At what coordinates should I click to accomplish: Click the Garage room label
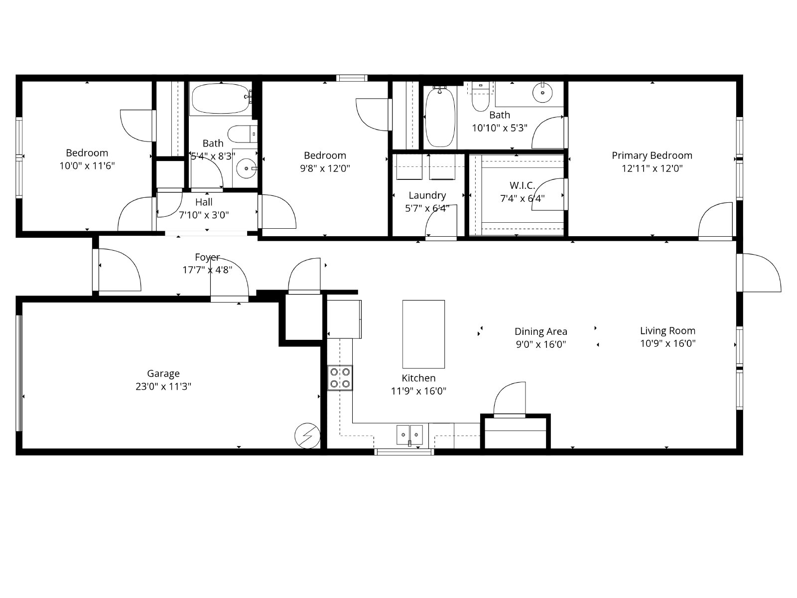coord(163,374)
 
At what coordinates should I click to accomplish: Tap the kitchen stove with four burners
coord(340,378)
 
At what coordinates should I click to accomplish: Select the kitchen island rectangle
coord(423,334)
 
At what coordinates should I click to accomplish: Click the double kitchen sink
coord(409,435)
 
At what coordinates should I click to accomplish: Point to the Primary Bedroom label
coord(652,156)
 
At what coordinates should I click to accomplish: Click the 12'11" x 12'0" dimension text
coord(652,168)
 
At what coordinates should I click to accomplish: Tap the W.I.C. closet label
coord(522,185)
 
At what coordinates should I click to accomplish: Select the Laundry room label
coord(427,195)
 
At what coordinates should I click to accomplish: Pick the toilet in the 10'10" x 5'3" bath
coord(480,97)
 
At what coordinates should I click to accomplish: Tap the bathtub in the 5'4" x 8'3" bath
coord(221,98)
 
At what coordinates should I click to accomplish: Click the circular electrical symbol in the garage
coord(307,436)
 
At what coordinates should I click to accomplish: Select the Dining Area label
coord(540,331)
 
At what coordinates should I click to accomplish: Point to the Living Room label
coord(667,331)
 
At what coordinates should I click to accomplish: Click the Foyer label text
coord(207,257)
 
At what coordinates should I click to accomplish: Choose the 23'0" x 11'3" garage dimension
coord(163,386)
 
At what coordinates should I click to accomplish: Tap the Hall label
coord(204,202)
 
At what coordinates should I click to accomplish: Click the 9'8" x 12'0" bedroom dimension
coord(325,168)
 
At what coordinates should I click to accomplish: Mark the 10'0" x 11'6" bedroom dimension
coord(87,166)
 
